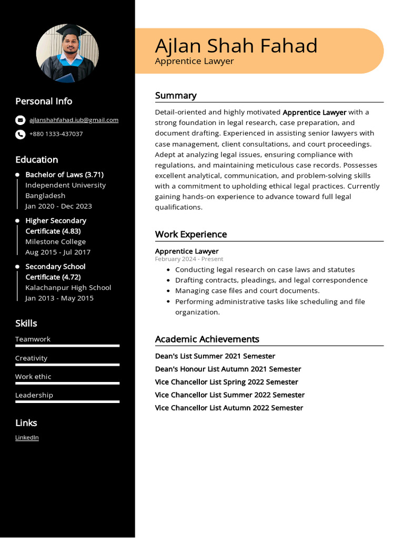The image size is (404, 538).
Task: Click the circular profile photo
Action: tap(67, 53)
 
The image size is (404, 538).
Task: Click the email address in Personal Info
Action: tap(74, 120)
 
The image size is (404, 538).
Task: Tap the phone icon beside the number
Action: tap(20, 134)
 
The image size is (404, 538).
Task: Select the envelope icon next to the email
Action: tap(20, 120)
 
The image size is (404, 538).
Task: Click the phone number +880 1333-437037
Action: tap(56, 134)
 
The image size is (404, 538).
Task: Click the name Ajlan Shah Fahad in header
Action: tap(236, 46)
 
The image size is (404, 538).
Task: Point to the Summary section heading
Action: tap(176, 96)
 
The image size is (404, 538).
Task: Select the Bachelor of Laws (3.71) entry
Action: tap(64, 174)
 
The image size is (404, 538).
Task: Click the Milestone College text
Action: tap(55, 242)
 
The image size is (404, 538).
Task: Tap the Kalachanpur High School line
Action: tap(68, 287)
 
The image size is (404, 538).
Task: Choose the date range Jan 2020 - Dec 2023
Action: tap(58, 206)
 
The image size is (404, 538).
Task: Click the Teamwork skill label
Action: tap(33, 339)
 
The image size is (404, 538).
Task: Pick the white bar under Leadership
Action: tap(67, 402)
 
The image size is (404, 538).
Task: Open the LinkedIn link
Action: tap(27, 437)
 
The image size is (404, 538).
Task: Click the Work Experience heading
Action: tap(191, 234)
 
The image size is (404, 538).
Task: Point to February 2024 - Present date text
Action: tap(189, 259)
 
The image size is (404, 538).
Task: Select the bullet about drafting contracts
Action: tap(271, 280)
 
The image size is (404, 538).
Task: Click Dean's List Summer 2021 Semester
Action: tap(215, 356)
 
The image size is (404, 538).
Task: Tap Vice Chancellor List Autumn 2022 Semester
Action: tap(229, 408)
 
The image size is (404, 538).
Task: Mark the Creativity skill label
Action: tap(31, 358)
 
